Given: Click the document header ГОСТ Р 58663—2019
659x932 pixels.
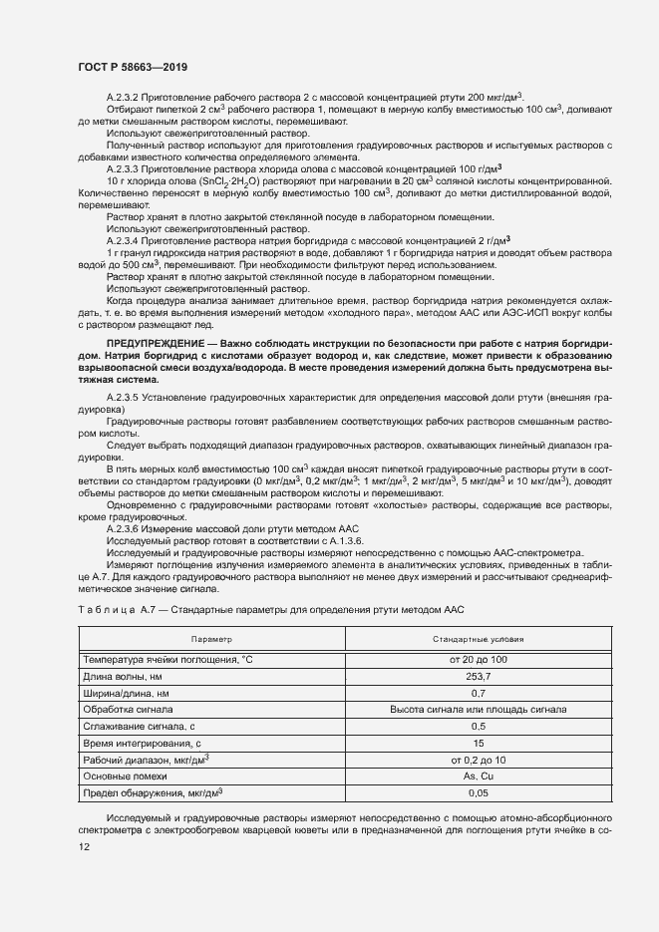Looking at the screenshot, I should pos(132,66).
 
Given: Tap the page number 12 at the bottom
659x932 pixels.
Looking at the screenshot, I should pos(84,847).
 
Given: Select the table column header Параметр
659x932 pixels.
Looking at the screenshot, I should pos(211,638).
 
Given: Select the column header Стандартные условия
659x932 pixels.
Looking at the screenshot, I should pos(478,638).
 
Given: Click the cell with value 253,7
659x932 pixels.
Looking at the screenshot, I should pos(478,676).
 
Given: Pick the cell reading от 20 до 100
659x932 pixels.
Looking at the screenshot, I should pos(478,659).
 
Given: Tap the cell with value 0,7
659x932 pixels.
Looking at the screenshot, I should pos(478,693).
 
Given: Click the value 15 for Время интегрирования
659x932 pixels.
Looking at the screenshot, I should pos(478,743).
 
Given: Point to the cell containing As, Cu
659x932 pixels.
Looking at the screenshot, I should pos(478,776).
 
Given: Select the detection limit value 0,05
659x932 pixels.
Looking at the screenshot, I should pos(478,792).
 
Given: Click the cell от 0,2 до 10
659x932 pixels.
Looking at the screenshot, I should pos(478,760).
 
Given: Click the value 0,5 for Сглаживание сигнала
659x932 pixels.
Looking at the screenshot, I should pos(478,726).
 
